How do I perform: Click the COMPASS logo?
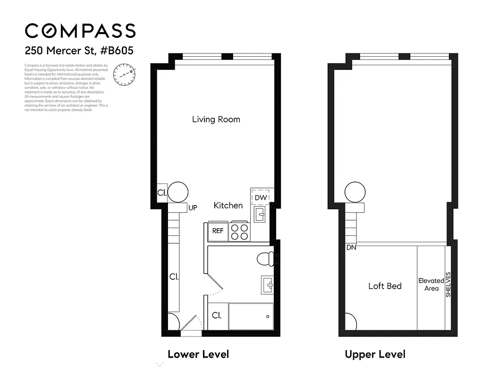(x=80, y=31)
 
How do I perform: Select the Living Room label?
(x=216, y=119)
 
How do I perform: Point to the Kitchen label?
(x=228, y=205)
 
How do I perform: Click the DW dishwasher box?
(x=261, y=197)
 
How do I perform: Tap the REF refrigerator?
(x=218, y=231)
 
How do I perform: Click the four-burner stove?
(x=239, y=232)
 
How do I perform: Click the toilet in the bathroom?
(x=265, y=259)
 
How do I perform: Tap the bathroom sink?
(x=267, y=285)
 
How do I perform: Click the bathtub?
(x=251, y=316)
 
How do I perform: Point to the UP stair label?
(x=193, y=207)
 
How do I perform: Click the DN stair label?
(x=351, y=247)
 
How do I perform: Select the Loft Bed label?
(x=385, y=286)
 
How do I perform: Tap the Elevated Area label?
(x=431, y=284)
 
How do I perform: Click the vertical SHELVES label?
(x=448, y=284)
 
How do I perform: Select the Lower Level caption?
(x=198, y=354)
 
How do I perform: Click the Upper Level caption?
(x=375, y=354)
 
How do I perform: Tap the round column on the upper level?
(x=355, y=192)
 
